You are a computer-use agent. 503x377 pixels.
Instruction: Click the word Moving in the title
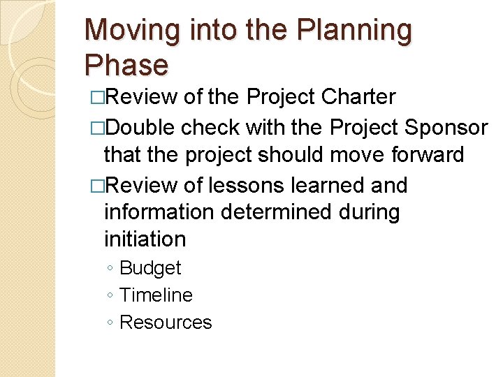click(127, 31)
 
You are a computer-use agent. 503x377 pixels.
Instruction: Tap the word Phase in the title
click(126, 65)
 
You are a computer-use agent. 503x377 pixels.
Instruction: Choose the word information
click(160, 212)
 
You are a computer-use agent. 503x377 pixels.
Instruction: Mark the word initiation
click(145, 239)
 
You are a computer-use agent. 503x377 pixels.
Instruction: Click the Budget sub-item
click(150, 268)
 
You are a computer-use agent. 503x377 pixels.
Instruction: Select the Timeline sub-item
click(156, 295)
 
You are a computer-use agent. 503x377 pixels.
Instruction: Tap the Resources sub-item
click(166, 323)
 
